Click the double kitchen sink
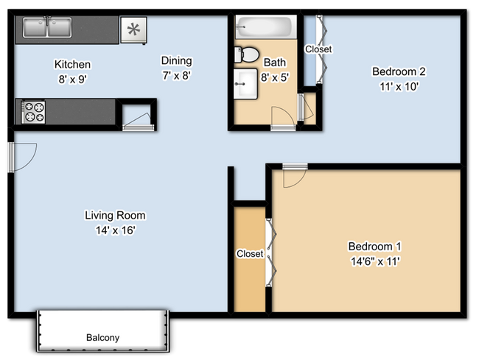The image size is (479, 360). click(x=46, y=29)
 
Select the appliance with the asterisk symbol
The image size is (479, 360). click(x=133, y=29)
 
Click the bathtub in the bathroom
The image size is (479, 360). click(x=265, y=28)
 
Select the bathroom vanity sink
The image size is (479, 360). click(x=245, y=85)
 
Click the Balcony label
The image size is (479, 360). click(x=102, y=338)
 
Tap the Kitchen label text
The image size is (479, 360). click(x=72, y=65)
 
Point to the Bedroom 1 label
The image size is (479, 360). click(x=374, y=246)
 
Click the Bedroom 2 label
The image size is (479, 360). click(x=399, y=71)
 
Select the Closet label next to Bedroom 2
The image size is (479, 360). click(x=318, y=49)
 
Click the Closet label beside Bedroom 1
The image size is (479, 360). click(x=250, y=254)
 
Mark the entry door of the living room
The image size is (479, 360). click(x=22, y=155)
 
